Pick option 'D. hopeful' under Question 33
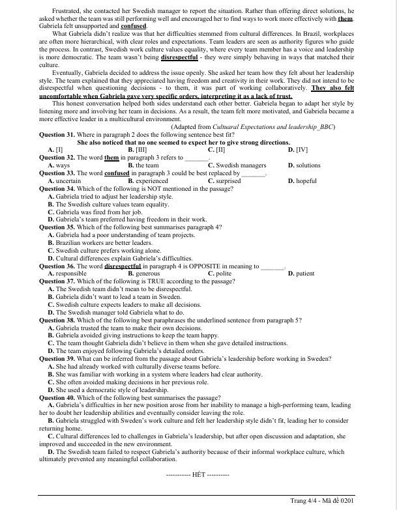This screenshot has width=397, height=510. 302,180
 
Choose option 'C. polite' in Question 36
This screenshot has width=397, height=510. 220,274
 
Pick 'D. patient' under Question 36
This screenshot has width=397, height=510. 301,274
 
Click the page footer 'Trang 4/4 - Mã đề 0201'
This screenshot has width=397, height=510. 321,500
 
